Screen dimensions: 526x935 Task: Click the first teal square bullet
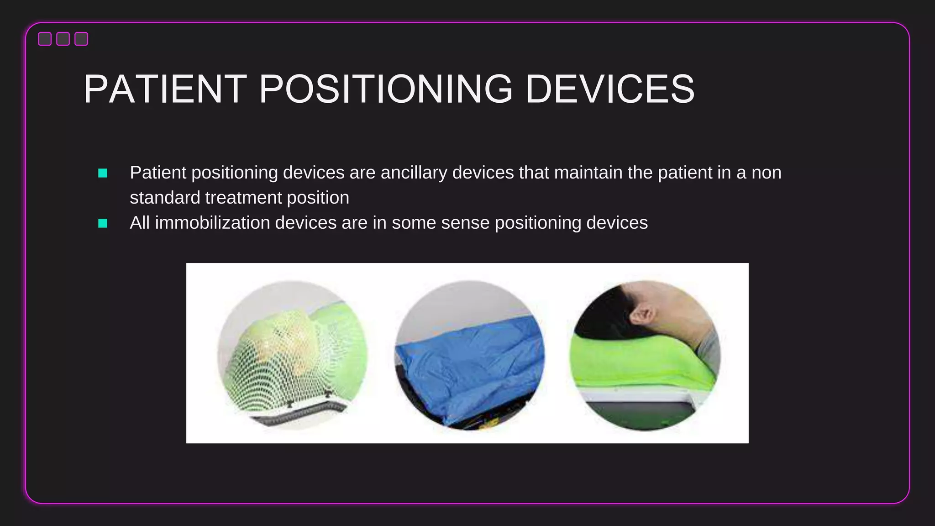pyautogui.click(x=103, y=173)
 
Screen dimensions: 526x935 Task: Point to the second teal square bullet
pyautogui.click(x=103, y=223)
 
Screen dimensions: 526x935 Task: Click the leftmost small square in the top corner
pyautogui.click(x=45, y=39)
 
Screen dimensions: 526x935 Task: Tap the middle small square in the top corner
pyautogui.click(x=63, y=39)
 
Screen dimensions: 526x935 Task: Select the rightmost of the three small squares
pyautogui.click(x=81, y=39)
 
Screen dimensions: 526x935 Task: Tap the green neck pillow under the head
pyautogui.click(x=639, y=361)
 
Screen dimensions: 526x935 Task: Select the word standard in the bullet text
pyautogui.click(x=165, y=198)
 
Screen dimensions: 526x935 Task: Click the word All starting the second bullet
pyautogui.click(x=140, y=223)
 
